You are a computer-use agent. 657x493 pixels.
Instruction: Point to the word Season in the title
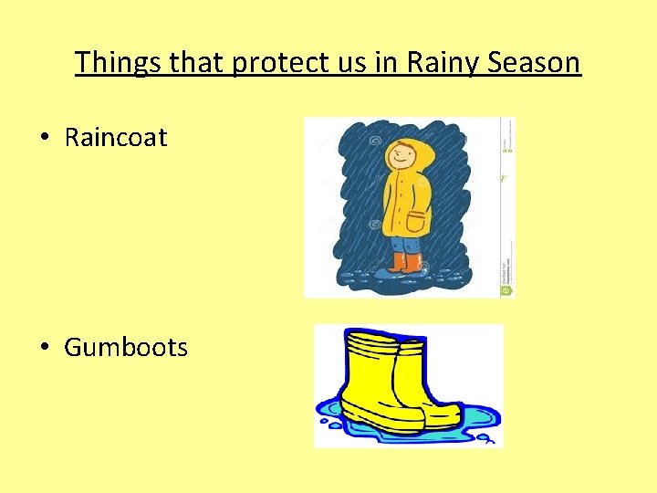click(x=535, y=62)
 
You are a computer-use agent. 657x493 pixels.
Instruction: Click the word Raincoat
click(x=116, y=138)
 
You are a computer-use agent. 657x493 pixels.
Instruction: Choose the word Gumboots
click(x=126, y=348)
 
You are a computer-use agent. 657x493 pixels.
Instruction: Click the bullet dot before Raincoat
click(x=44, y=138)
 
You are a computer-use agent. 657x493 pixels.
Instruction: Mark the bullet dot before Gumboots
click(x=44, y=348)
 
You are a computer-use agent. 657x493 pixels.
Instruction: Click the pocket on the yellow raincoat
click(x=416, y=222)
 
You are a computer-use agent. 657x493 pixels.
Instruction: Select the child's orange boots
click(x=406, y=263)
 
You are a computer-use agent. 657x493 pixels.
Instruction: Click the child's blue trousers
click(x=406, y=245)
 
